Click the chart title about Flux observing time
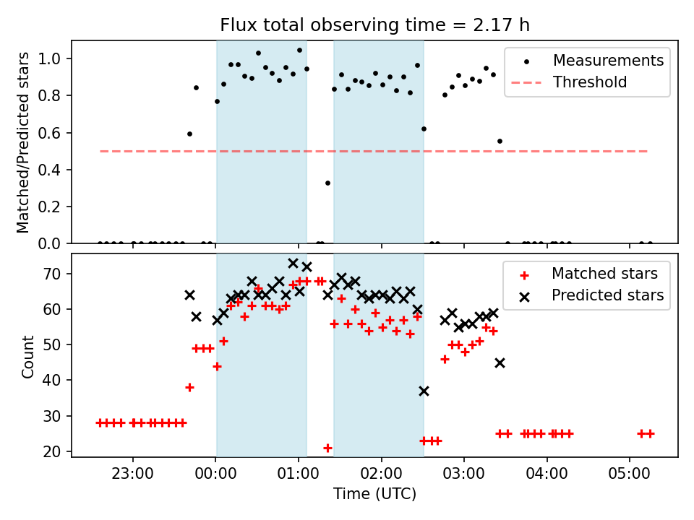(x=374, y=25)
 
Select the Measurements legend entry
(x=608, y=61)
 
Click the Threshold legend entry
(x=589, y=82)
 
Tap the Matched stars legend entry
(x=604, y=274)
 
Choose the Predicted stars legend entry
(x=608, y=295)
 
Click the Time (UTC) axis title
(x=374, y=495)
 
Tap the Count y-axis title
(x=27, y=356)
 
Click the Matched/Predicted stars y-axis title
(x=23, y=142)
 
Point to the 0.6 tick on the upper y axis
(x=56, y=133)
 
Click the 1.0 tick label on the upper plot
(x=56, y=58)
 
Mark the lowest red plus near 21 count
(x=327, y=448)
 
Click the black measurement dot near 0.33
(x=327, y=183)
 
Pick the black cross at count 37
(x=424, y=391)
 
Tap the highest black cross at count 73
(x=293, y=264)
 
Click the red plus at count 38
(x=189, y=387)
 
